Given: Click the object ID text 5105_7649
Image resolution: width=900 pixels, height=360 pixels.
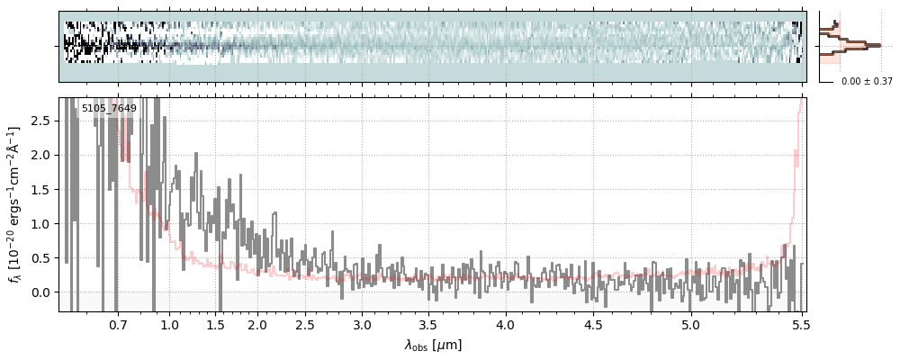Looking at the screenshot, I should (109, 109).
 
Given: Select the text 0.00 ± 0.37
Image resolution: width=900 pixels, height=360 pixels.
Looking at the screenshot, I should (867, 82).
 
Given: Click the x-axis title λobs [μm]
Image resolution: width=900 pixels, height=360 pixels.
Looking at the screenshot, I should (433, 345).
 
